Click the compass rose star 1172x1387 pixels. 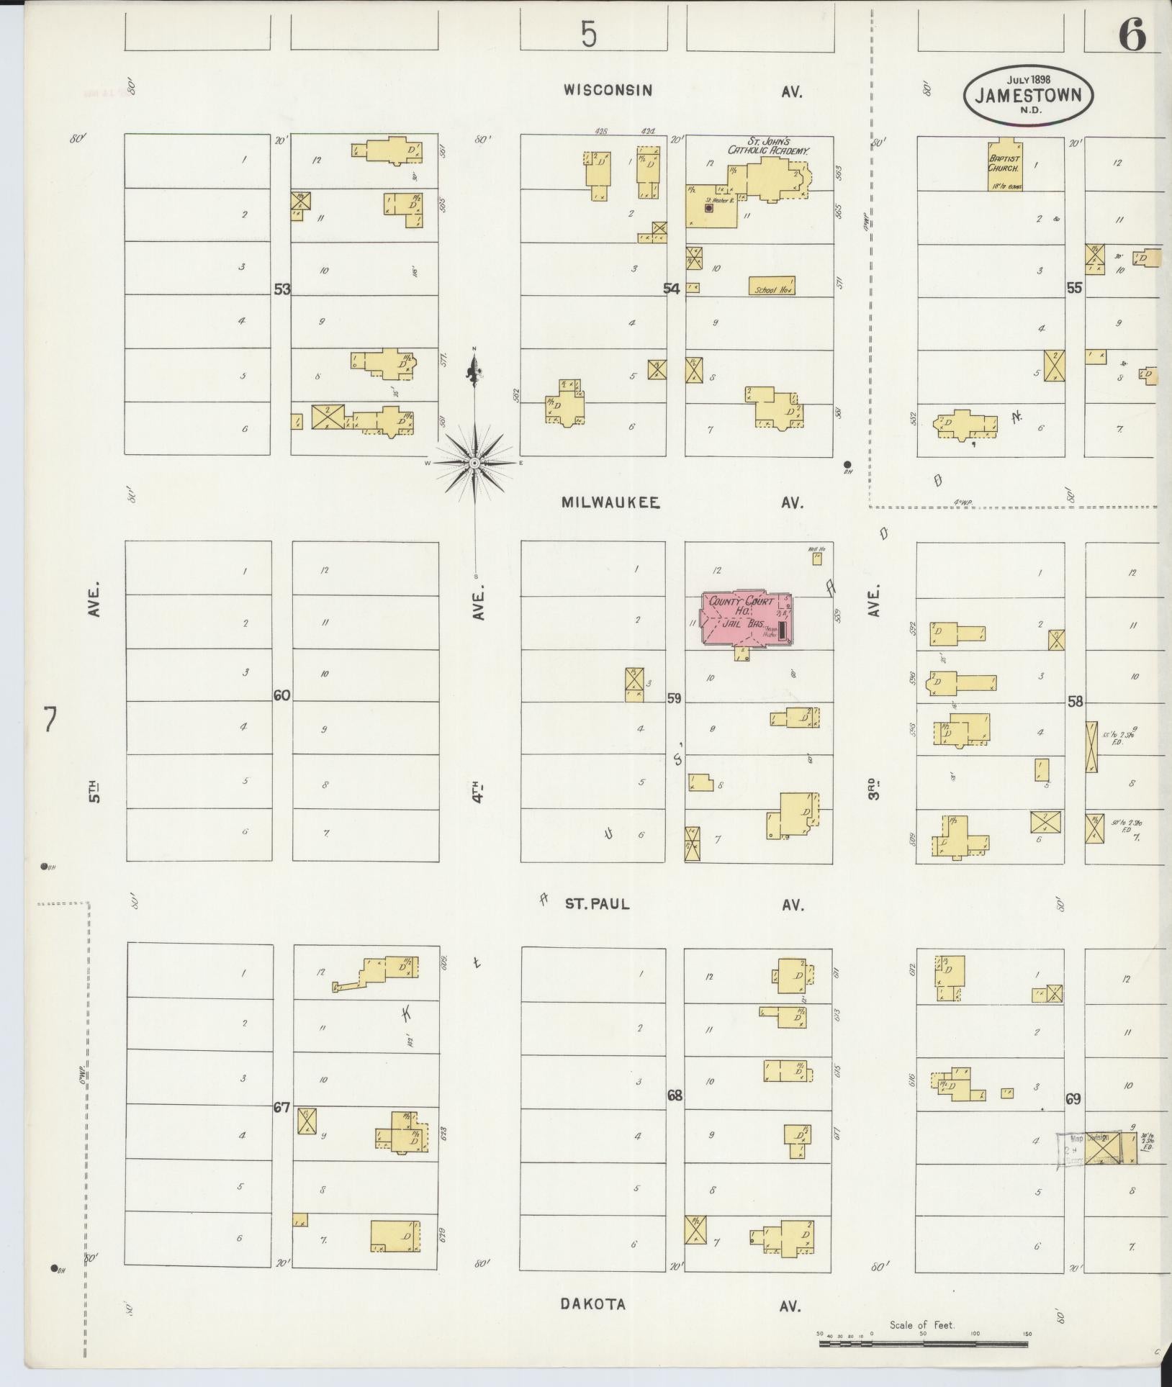point(474,464)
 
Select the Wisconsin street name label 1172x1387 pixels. point(608,90)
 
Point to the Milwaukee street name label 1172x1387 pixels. point(610,502)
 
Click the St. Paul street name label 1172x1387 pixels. point(597,904)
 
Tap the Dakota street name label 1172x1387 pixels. point(592,1304)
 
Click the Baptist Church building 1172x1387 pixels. point(1005,165)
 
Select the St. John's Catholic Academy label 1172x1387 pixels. point(768,147)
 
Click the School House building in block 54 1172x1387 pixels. point(772,286)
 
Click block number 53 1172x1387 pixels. point(281,289)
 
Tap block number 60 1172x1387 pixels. point(281,695)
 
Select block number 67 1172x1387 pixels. point(281,1108)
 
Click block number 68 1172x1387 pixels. point(675,1096)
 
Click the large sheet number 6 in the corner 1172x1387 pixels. point(1132,35)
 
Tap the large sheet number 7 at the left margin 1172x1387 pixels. point(49,719)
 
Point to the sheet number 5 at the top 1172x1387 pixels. point(589,34)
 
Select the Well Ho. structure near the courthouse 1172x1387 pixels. point(817,556)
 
